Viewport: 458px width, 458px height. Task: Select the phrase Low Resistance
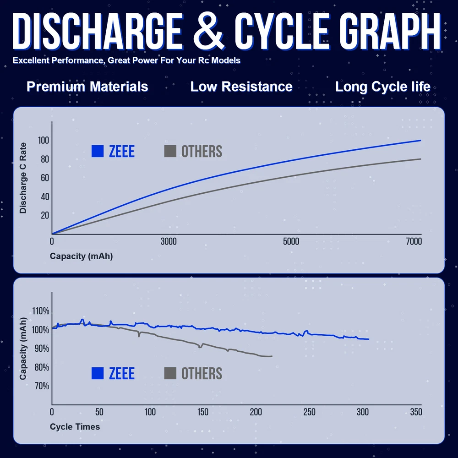coord(241,87)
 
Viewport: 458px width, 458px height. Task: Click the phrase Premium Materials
coord(87,87)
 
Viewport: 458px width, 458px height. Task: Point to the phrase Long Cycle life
coord(383,87)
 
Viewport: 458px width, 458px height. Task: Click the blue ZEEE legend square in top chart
coord(98,151)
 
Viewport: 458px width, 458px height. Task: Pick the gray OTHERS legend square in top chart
coord(170,151)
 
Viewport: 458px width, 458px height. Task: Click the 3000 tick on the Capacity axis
coord(169,242)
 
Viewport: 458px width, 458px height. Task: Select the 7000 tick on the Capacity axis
coord(414,242)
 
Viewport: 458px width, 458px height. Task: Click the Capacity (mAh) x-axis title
coord(81,256)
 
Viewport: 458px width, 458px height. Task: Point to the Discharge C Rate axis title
coord(23,178)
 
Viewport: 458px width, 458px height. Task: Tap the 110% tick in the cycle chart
coord(40,311)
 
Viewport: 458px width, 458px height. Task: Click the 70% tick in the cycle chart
coord(40,386)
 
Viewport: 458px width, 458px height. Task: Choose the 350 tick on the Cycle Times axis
coord(416,412)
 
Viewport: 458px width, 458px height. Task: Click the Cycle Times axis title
coord(75,426)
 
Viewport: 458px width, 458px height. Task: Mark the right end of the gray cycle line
coord(272,356)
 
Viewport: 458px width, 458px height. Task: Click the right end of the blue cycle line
coord(368,339)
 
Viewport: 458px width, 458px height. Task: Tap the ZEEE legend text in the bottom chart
coord(122,374)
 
